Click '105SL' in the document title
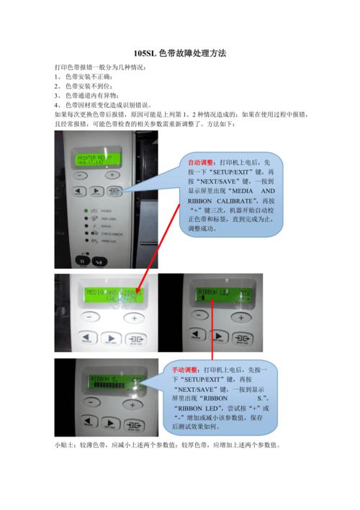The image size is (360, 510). (x=147, y=55)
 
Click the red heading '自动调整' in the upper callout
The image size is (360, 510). (x=200, y=163)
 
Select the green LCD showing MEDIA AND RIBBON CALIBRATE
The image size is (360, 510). (x=109, y=295)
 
